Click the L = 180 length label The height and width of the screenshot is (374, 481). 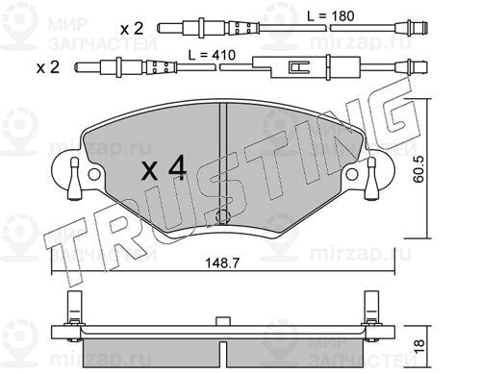(x=331, y=15)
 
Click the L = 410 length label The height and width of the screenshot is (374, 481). (x=212, y=55)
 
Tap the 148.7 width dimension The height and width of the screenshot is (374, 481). (x=222, y=263)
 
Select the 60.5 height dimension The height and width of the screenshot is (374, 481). (x=418, y=169)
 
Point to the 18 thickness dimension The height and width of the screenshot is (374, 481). (x=418, y=346)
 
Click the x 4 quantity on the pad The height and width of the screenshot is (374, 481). (x=164, y=167)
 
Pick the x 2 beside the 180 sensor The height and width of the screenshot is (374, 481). (x=132, y=29)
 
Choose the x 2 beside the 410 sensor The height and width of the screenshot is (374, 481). (x=48, y=67)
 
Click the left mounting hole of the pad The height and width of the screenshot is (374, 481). (x=94, y=174)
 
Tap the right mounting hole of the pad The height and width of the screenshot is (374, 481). (x=352, y=174)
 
